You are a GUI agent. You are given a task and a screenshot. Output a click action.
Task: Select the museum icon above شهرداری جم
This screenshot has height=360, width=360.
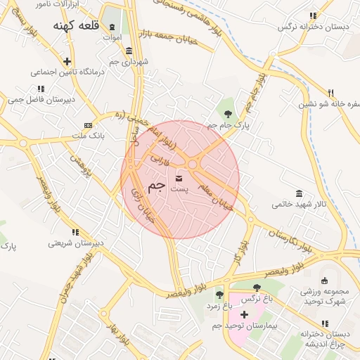(128, 51)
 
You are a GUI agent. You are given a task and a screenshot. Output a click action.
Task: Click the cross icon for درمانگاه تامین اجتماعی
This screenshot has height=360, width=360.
(67, 61)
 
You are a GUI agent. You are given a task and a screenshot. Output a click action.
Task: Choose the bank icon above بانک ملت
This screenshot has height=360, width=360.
(88, 124)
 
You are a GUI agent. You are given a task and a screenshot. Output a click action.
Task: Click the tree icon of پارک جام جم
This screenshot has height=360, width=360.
(228, 114)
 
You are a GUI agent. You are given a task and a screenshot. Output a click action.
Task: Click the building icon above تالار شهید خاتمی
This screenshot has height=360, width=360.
(299, 193)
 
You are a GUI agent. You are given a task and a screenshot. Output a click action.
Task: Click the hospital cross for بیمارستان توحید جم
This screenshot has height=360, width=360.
(244, 314)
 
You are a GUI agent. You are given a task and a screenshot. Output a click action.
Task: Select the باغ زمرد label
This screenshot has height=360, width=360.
(219, 306)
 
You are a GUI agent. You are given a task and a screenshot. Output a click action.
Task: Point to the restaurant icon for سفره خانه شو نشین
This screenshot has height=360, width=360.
(330, 92)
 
